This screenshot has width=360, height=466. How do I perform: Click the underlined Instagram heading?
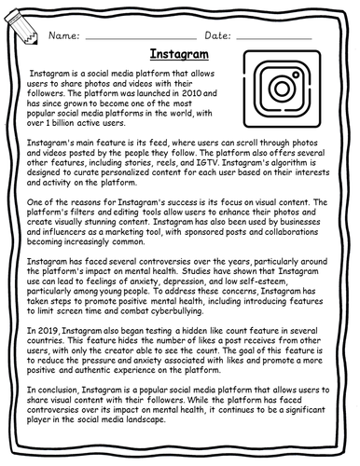point(179,54)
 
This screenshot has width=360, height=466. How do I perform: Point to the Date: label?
point(216,34)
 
